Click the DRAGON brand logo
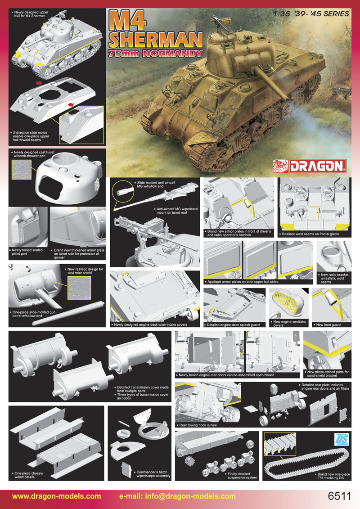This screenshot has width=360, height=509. coord(310,166)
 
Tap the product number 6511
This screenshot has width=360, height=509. coord(340,496)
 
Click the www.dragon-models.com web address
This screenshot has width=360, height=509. coord(57,496)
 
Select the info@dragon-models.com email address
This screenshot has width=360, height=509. coord(178,496)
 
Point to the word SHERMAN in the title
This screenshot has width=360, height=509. coord(156,41)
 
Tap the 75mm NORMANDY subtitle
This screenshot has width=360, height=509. coord(156,54)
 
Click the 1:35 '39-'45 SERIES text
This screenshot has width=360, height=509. coord(311,14)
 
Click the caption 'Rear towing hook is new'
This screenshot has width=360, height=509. coord(198,425)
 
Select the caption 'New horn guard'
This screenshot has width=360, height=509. coord(329,324)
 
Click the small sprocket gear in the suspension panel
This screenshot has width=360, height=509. coord(189,460)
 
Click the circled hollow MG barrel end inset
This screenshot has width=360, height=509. coord(123,192)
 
